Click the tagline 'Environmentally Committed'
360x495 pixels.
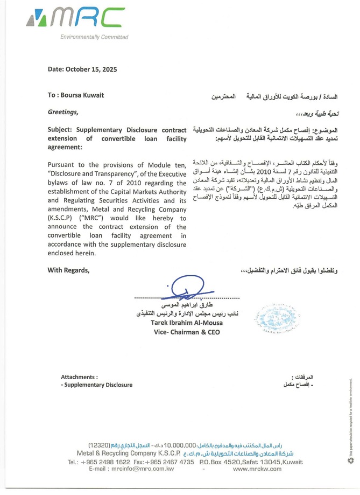(x=94, y=37)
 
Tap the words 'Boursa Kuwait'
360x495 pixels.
(x=84, y=95)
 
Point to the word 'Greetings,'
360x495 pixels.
(x=63, y=113)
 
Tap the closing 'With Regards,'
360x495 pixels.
(x=68, y=269)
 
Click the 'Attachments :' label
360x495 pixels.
(x=79, y=377)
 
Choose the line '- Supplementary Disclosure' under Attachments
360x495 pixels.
(x=96, y=385)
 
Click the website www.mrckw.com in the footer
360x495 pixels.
(x=257, y=469)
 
